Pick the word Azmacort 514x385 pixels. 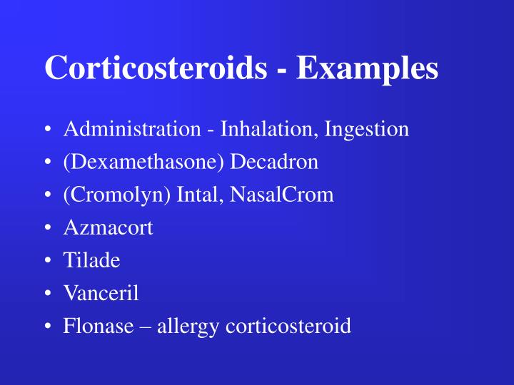click(108, 228)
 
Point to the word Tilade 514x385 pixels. click(91, 261)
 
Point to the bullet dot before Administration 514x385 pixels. click(47, 130)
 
